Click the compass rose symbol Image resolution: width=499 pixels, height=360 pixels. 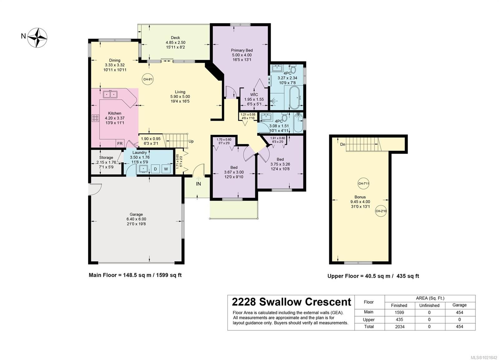point(37,38)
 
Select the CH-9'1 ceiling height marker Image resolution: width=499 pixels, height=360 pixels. point(148,79)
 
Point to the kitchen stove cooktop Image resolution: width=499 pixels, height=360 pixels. point(95,118)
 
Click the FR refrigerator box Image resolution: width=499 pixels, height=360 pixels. point(120,143)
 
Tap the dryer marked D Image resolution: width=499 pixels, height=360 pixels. point(155,169)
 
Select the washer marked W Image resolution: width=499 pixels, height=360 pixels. point(166,169)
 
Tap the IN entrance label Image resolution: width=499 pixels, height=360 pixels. point(198,184)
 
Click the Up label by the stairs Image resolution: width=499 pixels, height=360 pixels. point(191,141)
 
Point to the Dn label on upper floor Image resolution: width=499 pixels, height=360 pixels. point(342,144)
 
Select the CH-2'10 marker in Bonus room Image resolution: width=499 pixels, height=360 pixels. point(381,211)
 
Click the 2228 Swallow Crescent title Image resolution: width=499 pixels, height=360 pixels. point(291,302)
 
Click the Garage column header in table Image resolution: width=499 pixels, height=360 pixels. point(459,305)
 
